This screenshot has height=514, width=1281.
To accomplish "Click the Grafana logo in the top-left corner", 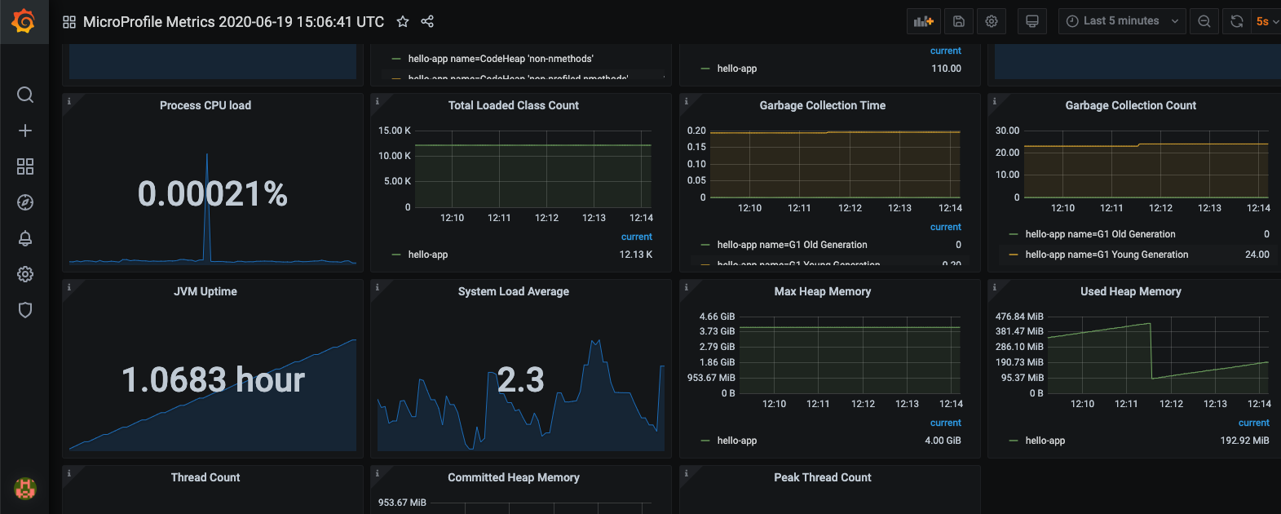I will [x=24, y=21].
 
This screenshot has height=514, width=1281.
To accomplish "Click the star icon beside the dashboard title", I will [x=403, y=22].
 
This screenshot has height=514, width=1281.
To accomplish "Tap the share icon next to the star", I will [x=427, y=22].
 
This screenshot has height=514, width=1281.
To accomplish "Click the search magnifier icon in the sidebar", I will [x=25, y=95].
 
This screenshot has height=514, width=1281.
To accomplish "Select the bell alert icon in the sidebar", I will [x=25, y=238].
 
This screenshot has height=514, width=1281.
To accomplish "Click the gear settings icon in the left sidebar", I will [x=25, y=274].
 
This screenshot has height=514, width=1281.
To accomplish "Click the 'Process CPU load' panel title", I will [x=205, y=105].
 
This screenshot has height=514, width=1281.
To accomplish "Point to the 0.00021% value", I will [x=213, y=194].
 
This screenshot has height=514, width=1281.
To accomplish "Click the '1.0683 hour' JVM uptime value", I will [x=213, y=380].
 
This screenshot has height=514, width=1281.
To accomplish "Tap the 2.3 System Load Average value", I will [x=520, y=380].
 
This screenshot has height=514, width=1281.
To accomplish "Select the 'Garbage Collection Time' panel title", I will [x=822, y=105].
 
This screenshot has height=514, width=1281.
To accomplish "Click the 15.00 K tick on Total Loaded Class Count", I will [x=395, y=131].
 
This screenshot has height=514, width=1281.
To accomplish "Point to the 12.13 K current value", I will [x=636, y=255].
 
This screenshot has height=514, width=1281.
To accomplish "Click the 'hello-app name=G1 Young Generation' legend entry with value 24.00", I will [x=1107, y=255].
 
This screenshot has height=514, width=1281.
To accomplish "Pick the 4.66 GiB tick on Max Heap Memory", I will [x=717, y=317].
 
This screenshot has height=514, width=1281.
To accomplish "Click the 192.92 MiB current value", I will [x=1244, y=441].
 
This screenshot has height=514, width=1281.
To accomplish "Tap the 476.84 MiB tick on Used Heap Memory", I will [x=1019, y=317].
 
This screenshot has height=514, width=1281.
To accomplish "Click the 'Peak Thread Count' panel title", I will [x=822, y=477].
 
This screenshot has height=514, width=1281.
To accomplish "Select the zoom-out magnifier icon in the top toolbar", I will [x=1204, y=22].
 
